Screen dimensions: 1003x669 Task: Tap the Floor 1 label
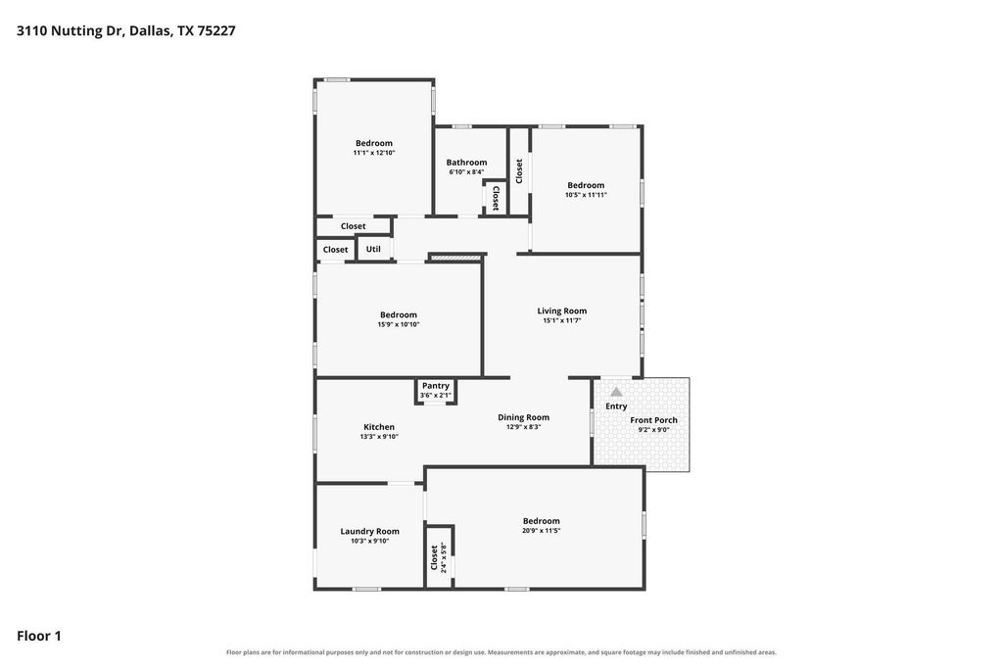[39, 636]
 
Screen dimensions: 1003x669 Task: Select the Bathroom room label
[466, 163]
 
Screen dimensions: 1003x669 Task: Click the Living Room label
[561, 311]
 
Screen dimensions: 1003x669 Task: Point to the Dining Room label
[523, 417]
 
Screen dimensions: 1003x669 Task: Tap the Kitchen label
[379, 427]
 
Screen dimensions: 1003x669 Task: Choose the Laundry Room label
[369, 532]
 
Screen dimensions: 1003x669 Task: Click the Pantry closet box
[436, 391]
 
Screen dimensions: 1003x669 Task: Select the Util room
[373, 249]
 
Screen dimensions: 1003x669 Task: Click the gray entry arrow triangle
[616, 392]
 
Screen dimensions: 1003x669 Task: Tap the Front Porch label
[653, 420]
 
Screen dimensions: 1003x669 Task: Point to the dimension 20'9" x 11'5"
[541, 531]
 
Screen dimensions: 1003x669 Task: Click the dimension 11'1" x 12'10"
[374, 153]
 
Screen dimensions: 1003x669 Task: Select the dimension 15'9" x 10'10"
[399, 324]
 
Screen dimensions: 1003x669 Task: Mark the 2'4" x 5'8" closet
[440, 556]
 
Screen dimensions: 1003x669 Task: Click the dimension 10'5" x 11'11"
[586, 195]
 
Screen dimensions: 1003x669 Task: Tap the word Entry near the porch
[616, 406]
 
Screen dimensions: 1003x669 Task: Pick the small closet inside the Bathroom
[495, 198]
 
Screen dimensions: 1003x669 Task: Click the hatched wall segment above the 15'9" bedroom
[455, 258]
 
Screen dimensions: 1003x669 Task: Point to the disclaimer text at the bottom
[501, 652]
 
